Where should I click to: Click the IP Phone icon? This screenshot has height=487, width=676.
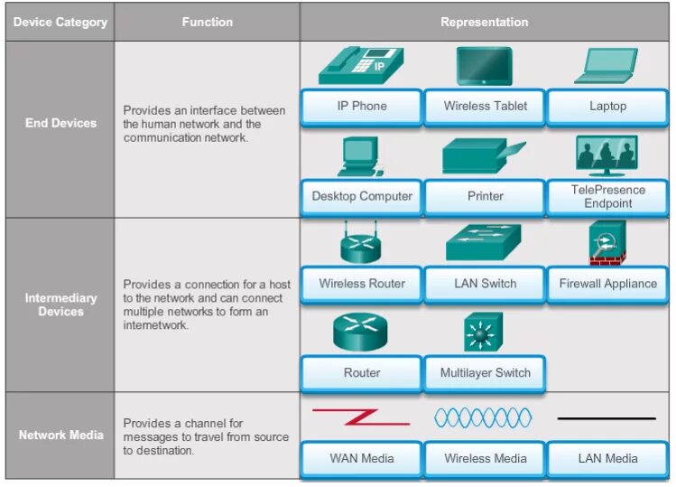click(360, 65)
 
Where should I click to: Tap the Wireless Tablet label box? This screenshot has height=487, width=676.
click(485, 107)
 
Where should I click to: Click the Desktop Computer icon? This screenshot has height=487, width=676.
click(357, 156)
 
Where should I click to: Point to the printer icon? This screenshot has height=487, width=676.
click(482, 156)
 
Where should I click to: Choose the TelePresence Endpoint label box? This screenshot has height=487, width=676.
click(607, 197)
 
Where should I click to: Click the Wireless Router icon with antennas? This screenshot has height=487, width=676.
click(361, 244)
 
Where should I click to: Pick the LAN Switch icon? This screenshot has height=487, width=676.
click(483, 244)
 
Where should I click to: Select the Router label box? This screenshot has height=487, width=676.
click(361, 372)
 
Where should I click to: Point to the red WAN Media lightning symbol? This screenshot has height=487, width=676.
click(360, 417)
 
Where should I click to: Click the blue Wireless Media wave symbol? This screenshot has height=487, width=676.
click(483, 417)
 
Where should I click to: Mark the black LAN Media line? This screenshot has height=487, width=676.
click(607, 418)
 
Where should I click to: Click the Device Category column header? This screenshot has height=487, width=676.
click(60, 22)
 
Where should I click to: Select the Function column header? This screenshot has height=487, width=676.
click(207, 22)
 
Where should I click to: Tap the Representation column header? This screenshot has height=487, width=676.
click(485, 22)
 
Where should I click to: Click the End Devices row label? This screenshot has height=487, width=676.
click(60, 123)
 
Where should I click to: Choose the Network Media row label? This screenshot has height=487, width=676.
click(60, 435)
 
